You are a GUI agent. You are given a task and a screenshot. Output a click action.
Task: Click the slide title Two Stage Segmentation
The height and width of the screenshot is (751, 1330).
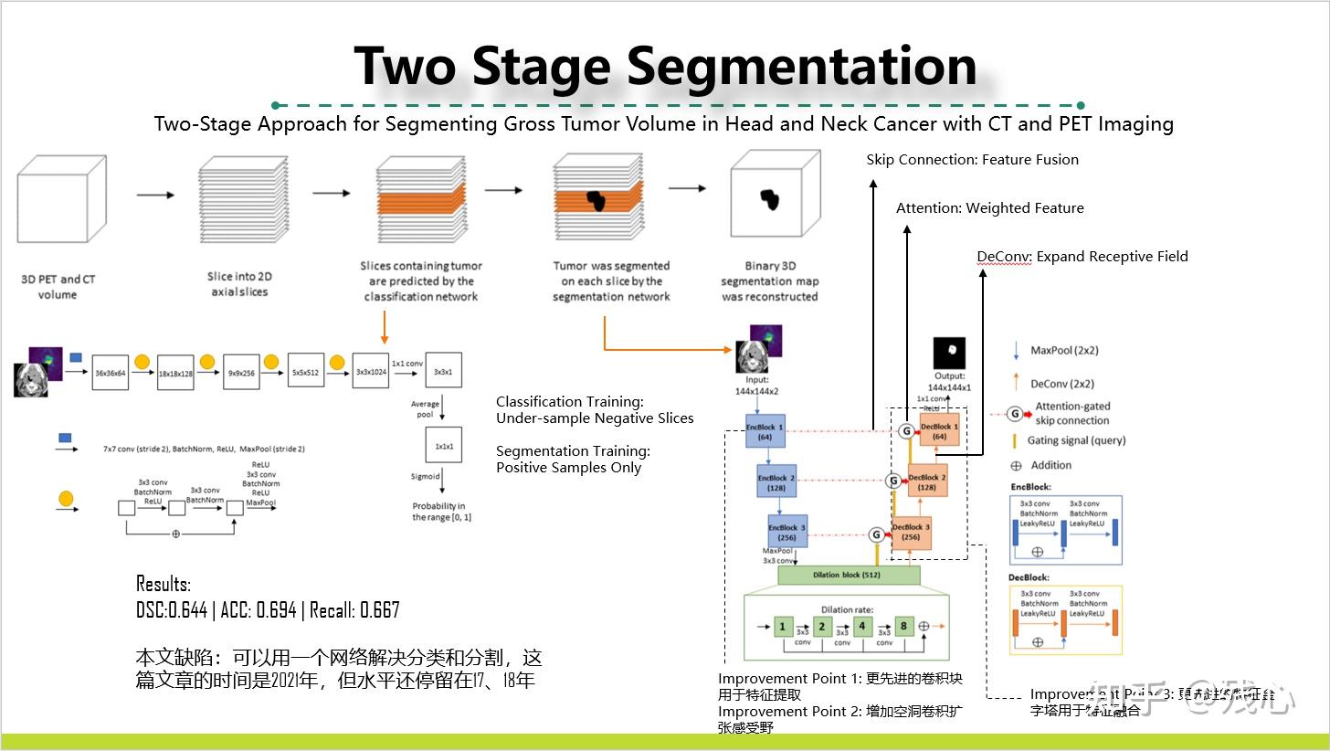(x=665, y=66)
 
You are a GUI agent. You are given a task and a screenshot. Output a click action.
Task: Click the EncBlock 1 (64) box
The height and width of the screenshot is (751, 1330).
(x=765, y=431)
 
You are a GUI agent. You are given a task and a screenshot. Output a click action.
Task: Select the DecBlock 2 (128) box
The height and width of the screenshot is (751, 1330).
(x=926, y=481)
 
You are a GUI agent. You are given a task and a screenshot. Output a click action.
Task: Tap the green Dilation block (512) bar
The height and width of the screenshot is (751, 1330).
(x=849, y=576)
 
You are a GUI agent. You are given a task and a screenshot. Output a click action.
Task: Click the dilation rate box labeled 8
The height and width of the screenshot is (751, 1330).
(x=903, y=627)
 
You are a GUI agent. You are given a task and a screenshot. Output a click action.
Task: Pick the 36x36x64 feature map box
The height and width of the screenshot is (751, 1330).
(x=110, y=373)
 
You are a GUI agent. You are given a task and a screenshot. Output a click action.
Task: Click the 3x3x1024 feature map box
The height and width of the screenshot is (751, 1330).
(x=370, y=373)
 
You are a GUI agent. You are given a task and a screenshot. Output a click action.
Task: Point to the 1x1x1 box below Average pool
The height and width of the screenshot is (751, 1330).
(x=443, y=447)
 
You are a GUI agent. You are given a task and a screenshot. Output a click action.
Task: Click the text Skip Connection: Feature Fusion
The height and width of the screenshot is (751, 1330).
(x=972, y=160)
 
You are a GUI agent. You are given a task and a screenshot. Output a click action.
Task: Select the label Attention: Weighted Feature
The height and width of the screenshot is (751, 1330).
(x=989, y=208)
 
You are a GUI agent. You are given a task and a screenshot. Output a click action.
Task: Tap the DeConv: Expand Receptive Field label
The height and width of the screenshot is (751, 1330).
(x=1082, y=257)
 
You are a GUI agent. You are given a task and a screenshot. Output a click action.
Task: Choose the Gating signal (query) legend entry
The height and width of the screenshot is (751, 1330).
(x=1076, y=440)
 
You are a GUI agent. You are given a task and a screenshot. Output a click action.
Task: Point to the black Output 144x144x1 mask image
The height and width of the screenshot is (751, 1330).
(x=949, y=353)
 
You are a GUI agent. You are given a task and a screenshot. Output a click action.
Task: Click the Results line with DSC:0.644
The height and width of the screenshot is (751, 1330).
(x=268, y=610)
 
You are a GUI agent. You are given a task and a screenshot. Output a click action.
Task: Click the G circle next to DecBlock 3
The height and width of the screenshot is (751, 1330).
(x=876, y=535)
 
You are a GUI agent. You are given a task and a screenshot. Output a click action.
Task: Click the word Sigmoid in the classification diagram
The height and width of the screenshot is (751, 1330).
(x=426, y=476)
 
